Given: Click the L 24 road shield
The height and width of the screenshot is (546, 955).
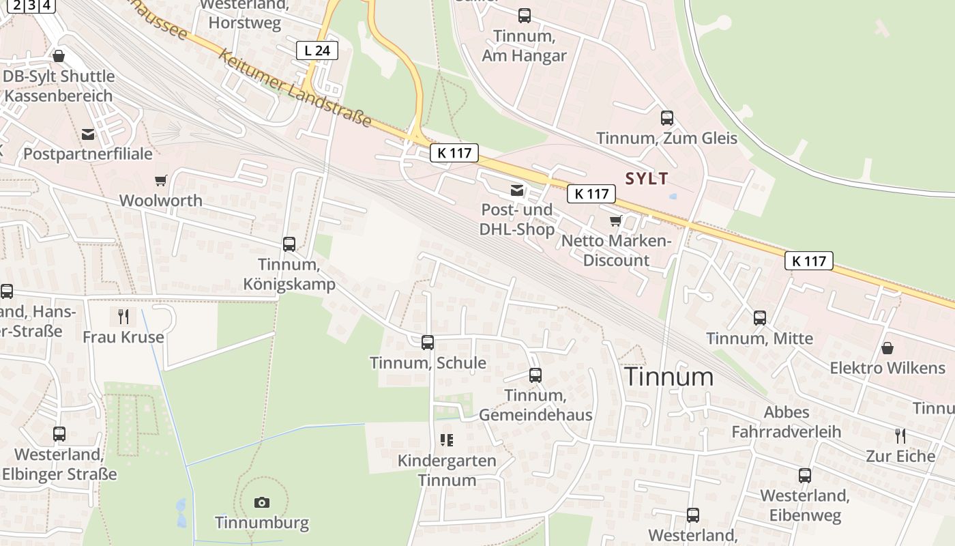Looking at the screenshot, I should (317, 50).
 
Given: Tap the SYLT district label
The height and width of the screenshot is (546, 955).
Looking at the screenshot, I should (647, 178).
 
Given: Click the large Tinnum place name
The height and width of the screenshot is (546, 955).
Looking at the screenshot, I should (668, 377).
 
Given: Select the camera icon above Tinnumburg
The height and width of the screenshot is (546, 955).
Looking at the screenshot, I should (261, 503).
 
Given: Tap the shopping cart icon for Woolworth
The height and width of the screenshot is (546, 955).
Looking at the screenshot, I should (160, 181).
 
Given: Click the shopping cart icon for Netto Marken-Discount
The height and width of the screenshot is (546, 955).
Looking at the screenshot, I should (616, 221).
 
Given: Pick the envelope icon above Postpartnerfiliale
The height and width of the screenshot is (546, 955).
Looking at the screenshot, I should (88, 134).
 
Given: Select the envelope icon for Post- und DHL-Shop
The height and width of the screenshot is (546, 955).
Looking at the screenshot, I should (517, 190).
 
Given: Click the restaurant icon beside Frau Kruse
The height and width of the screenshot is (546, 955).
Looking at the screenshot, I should (123, 316).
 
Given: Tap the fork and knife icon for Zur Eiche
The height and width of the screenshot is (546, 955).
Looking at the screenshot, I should (900, 435).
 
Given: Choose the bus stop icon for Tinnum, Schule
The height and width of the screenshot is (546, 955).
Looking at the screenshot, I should (428, 343).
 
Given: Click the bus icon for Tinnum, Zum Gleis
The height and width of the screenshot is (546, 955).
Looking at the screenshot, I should (667, 118).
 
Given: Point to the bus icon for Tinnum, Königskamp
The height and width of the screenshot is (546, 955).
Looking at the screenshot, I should (289, 244).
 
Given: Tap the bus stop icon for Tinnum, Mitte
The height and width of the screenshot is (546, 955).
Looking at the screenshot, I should (759, 318).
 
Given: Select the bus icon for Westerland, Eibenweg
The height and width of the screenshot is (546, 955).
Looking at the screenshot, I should (805, 476).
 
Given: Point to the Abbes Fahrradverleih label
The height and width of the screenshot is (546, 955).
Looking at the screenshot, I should (787, 422).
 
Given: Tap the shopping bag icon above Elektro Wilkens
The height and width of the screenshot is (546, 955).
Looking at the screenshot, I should (887, 348).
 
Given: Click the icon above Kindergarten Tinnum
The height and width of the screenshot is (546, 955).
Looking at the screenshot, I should (447, 440).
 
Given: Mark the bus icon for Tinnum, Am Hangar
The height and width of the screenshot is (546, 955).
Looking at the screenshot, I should (524, 16).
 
